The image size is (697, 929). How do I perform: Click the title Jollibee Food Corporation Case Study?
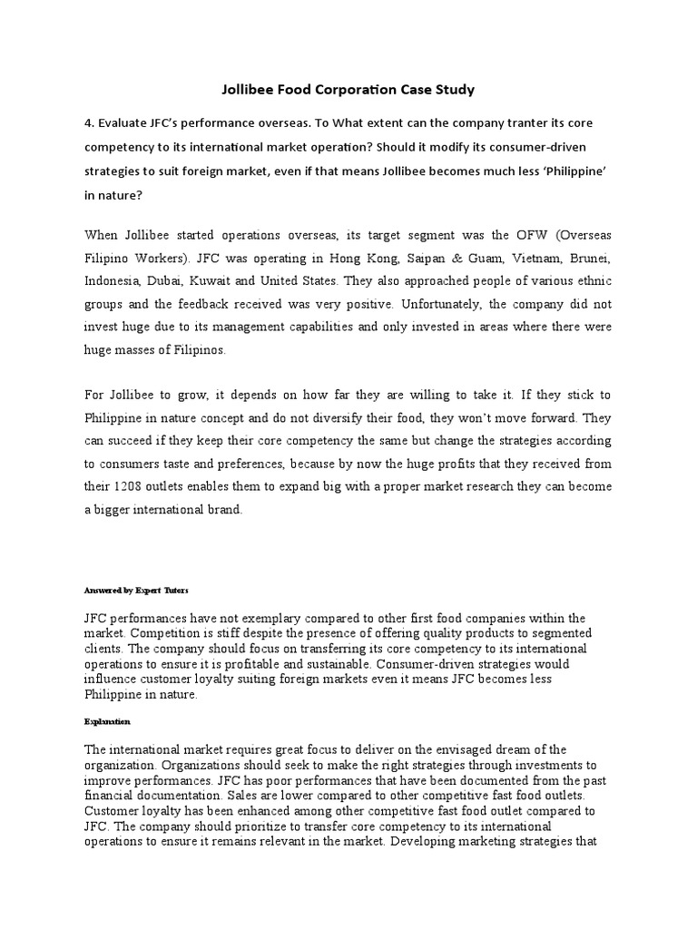click(x=348, y=90)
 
